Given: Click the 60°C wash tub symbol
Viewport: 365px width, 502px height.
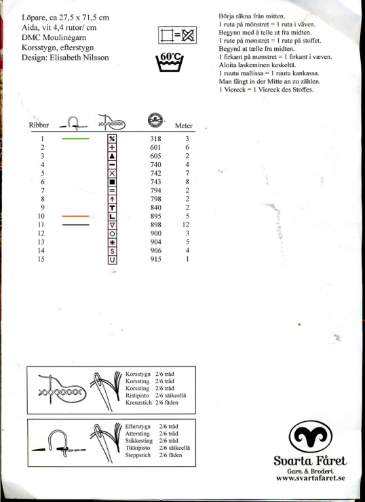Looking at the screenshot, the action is [170, 62].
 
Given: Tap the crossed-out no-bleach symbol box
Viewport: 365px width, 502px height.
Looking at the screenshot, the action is [177, 35].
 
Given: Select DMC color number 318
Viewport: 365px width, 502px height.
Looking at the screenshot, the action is [155, 138].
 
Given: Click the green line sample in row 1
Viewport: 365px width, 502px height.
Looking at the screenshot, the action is [75, 138].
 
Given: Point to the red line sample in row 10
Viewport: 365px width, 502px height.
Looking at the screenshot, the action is [75, 216].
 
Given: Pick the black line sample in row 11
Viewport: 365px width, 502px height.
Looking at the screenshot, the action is [75, 225].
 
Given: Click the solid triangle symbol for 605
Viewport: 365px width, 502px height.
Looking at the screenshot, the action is [112, 156].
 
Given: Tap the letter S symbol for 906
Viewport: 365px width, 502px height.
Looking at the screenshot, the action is [112, 251].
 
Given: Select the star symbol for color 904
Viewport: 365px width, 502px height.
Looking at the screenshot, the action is [112, 242].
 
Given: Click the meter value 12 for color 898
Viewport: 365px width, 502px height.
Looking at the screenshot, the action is [186, 225].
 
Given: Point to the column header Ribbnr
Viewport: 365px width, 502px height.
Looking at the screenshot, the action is [39, 125].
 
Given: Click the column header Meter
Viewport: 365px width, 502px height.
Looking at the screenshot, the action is [183, 125].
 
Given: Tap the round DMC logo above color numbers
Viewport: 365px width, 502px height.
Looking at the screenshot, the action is [155, 120].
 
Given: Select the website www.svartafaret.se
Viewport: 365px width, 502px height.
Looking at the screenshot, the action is [311, 478].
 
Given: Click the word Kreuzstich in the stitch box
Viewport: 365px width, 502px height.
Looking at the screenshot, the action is [138, 403].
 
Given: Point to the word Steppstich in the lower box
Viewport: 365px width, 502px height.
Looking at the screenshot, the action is [138, 455].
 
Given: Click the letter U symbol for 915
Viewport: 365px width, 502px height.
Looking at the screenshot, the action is [112, 259].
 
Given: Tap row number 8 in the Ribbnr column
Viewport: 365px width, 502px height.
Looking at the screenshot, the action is [42, 199].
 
